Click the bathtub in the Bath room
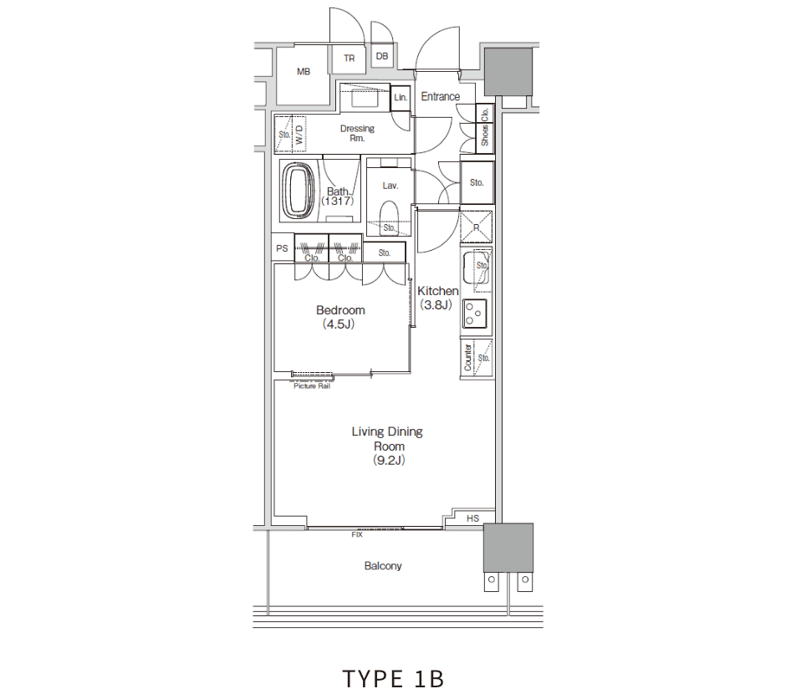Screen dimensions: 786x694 pyautogui.click(x=299, y=191)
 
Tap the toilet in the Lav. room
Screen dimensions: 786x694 pyautogui.click(x=389, y=217)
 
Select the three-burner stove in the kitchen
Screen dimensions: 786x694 pyautogui.click(x=474, y=314)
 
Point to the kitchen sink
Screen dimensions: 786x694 pyautogui.click(x=476, y=269)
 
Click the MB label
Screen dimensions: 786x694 pyautogui.click(x=304, y=72)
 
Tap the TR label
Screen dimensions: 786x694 pyautogui.click(x=350, y=59)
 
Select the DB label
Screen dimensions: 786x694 pyautogui.click(x=382, y=56)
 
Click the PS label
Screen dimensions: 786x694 pyautogui.click(x=283, y=248)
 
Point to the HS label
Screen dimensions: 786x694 pyautogui.click(x=472, y=518)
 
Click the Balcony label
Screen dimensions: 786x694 pyautogui.click(x=383, y=566)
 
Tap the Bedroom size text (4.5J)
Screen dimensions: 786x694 pyautogui.click(x=339, y=324)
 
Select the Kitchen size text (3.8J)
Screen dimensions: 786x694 pyautogui.click(x=436, y=304)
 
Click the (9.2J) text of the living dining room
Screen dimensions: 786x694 pyautogui.click(x=389, y=460)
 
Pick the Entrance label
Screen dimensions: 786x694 pyautogui.click(x=440, y=96)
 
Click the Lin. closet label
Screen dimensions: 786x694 pyautogui.click(x=400, y=98)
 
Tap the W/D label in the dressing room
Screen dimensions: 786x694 pyautogui.click(x=299, y=135)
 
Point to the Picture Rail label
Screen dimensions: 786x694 pyautogui.click(x=312, y=385)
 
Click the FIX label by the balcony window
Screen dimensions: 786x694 pyautogui.click(x=357, y=534)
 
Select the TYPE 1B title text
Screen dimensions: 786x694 pyautogui.click(x=394, y=679)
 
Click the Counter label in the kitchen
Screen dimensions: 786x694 pyautogui.click(x=467, y=357)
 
